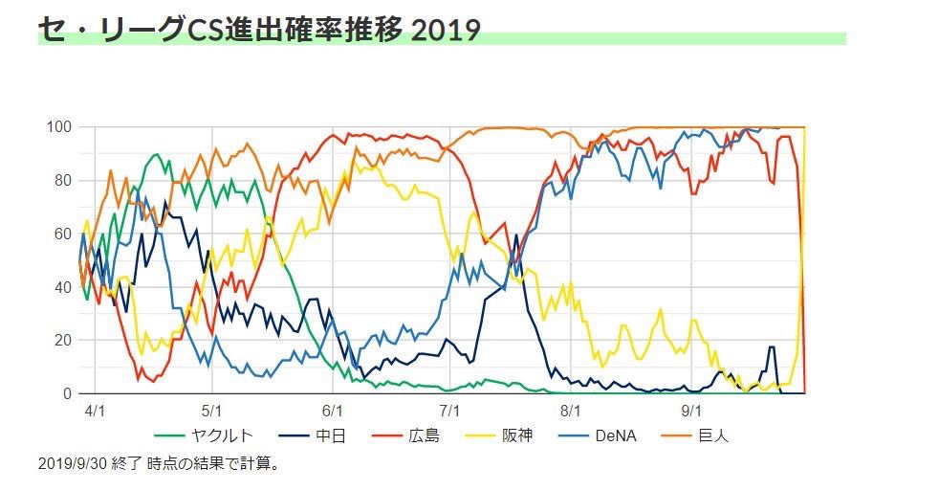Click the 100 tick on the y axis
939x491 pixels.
pos(59,127)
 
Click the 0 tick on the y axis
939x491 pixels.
pos(67,393)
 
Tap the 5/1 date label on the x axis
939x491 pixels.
pos(212,411)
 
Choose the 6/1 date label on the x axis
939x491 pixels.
pos(332,411)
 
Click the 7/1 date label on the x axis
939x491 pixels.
pos(451,411)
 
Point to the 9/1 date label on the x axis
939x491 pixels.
pos(691,411)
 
